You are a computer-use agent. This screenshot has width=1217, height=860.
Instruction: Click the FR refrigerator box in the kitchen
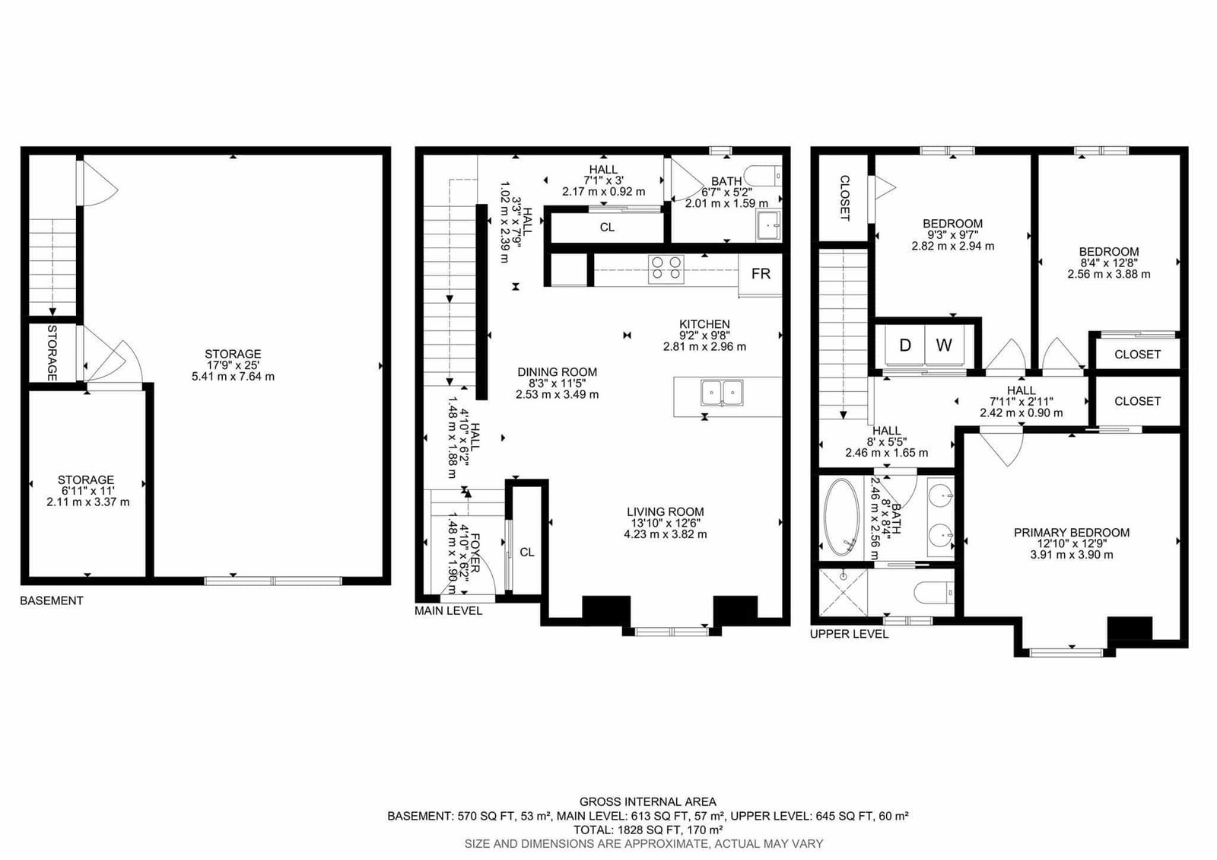(760, 275)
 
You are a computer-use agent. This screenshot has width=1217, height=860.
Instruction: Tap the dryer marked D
(905, 346)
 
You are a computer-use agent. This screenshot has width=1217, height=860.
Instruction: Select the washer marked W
(944, 346)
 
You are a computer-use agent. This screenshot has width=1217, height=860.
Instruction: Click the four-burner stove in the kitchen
(666, 269)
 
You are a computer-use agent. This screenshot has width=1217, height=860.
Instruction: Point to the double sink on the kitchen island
(722, 393)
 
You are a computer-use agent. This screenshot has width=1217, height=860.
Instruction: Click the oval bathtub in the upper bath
(841, 517)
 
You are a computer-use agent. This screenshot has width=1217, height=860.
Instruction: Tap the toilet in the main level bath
(763, 176)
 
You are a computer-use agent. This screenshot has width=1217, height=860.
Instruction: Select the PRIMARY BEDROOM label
(1072, 533)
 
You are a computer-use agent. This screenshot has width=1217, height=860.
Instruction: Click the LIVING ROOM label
(665, 511)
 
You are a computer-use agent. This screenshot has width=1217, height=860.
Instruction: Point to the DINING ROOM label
(557, 372)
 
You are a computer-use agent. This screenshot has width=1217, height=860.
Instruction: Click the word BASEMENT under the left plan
(52, 600)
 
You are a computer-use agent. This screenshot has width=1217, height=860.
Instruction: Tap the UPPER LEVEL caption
(849, 634)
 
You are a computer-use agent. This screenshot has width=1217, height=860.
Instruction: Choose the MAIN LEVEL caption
(448, 611)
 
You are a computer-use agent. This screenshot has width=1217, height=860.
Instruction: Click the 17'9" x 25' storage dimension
(233, 365)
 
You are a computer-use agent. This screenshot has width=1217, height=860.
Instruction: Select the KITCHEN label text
(704, 324)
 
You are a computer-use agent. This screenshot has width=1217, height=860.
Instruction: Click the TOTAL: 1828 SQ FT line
(648, 830)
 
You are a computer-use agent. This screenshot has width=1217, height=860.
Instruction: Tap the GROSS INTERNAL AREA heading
(647, 802)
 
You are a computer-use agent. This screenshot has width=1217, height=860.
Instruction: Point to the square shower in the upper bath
(844, 593)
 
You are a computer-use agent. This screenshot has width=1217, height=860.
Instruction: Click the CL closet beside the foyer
(527, 553)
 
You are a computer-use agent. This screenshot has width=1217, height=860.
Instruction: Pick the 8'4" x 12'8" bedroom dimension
(1109, 263)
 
